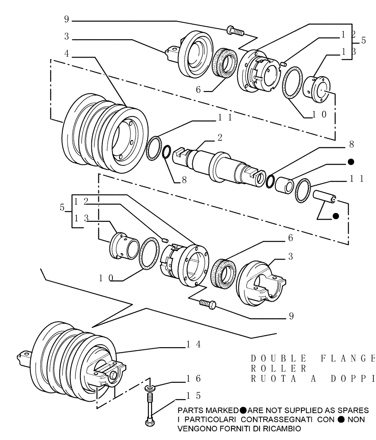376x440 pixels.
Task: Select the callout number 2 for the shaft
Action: (x=219, y=138)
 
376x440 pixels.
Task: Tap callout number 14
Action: (x=193, y=345)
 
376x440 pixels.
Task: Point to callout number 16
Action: (x=193, y=378)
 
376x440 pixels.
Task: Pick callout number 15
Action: (x=193, y=395)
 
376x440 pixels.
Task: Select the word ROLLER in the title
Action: (x=278, y=367)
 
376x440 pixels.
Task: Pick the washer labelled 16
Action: (x=150, y=388)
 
